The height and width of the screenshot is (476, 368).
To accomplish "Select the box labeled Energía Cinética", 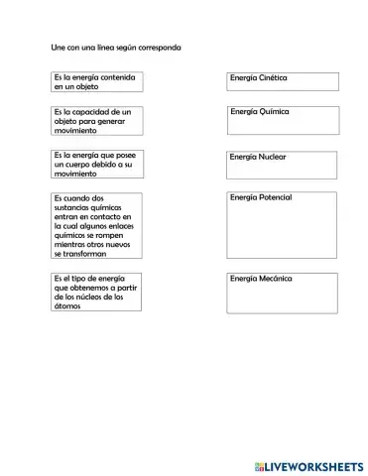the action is tap(282, 82).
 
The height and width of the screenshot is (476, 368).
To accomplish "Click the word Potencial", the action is tap(275, 197).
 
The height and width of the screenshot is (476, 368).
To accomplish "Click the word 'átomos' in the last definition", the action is tap(68, 306).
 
